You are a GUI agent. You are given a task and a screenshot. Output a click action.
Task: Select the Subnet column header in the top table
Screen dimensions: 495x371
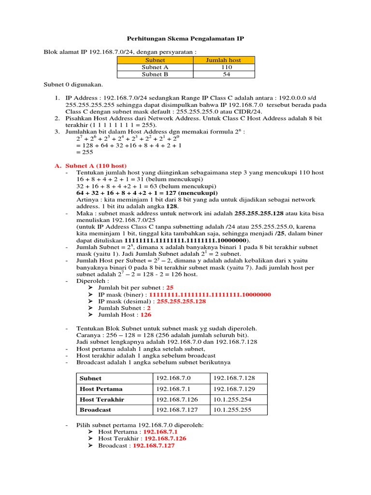[x=155, y=60]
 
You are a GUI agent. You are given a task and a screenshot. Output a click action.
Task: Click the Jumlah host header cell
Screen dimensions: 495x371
[x=224, y=60]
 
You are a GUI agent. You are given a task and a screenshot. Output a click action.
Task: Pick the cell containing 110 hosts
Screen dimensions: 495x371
[x=224, y=67]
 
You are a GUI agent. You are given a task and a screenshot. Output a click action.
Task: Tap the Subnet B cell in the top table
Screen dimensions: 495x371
[x=155, y=74]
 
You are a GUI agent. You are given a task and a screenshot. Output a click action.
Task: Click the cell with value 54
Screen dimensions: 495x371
[x=224, y=74]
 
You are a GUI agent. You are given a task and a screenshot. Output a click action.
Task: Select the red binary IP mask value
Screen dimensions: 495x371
[x=210, y=294]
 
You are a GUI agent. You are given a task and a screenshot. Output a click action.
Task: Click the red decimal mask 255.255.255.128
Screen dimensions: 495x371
[x=181, y=301]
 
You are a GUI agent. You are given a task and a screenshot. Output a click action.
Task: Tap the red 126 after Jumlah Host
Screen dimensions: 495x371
[x=146, y=314]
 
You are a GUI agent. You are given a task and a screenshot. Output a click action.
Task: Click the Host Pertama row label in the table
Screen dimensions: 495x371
[x=101, y=389]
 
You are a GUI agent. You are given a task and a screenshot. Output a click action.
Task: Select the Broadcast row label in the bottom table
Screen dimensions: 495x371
[x=95, y=409]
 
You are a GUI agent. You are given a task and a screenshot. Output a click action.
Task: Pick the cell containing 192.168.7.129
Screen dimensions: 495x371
[x=234, y=389]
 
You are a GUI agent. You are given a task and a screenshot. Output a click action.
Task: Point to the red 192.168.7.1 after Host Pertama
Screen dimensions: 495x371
[x=161, y=431]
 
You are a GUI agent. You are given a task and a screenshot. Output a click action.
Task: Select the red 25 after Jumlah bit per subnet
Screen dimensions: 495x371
[x=170, y=287]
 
